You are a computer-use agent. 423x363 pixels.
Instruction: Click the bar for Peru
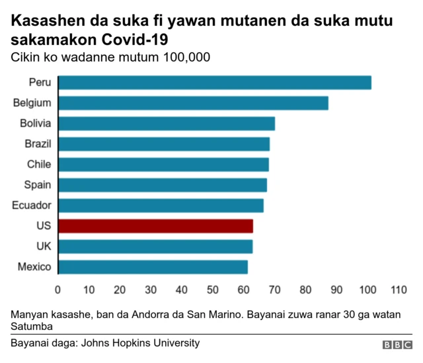pyautogui.click(x=215, y=83)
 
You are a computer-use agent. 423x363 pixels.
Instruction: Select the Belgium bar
pyautogui.click(x=193, y=103)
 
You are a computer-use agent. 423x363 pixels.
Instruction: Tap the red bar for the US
pyautogui.click(x=155, y=226)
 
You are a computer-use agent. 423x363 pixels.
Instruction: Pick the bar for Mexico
pyautogui.click(x=153, y=267)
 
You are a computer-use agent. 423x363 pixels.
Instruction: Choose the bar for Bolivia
pyautogui.click(x=167, y=124)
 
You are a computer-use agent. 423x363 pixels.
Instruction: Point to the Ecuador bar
pyautogui.click(x=161, y=206)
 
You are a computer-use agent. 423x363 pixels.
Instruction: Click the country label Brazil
pyautogui.click(x=38, y=143)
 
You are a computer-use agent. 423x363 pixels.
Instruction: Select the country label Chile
pyautogui.click(x=39, y=164)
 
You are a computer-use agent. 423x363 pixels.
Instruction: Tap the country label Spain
pyautogui.click(x=38, y=185)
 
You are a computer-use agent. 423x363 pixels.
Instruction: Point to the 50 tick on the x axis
pyautogui.click(x=213, y=290)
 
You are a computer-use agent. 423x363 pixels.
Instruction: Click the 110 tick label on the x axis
pyautogui.click(x=399, y=290)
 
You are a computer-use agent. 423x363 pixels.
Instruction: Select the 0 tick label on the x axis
pyautogui.click(x=58, y=290)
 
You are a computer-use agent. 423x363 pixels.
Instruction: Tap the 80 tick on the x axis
pyautogui.click(x=305, y=290)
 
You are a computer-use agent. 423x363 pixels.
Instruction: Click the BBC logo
pyautogui.click(x=397, y=345)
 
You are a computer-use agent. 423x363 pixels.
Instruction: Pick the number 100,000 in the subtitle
pyautogui.click(x=186, y=58)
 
